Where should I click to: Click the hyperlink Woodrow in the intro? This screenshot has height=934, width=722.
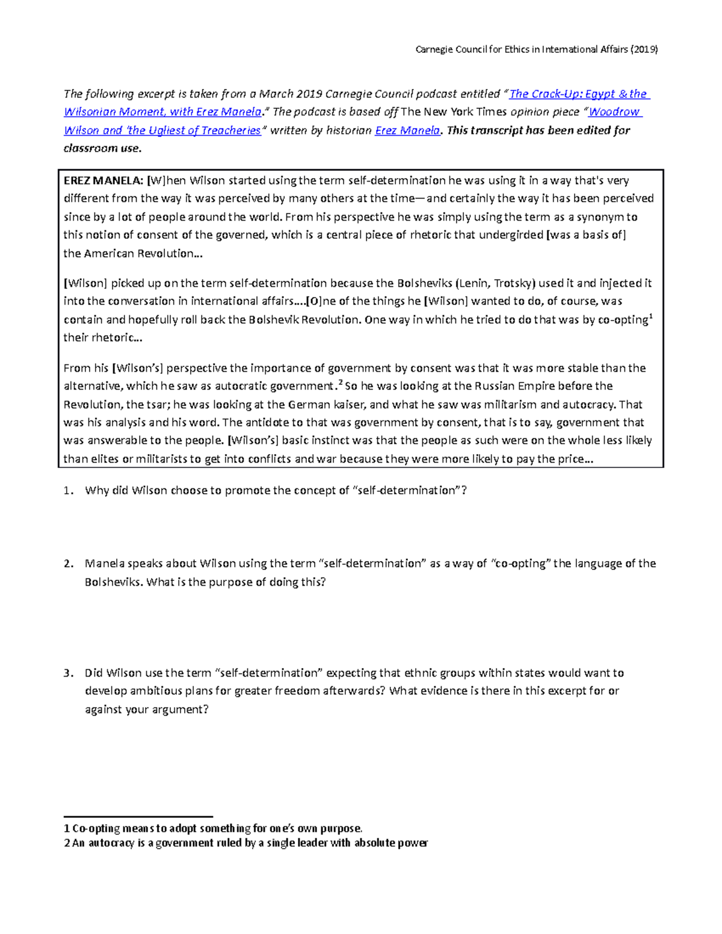[614, 112]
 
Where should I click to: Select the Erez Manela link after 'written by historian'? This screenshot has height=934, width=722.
[407, 131]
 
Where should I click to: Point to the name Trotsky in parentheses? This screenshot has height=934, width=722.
[513, 283]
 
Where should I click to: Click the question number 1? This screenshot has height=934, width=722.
[68, 491]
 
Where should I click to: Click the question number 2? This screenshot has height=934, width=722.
[68, 564]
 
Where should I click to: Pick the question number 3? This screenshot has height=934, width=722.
[68, 673]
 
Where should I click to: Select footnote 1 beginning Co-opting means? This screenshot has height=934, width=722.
[213, 828]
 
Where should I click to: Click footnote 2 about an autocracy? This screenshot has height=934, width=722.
[245, 843]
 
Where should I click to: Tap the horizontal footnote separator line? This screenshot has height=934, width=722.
[138, 816]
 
